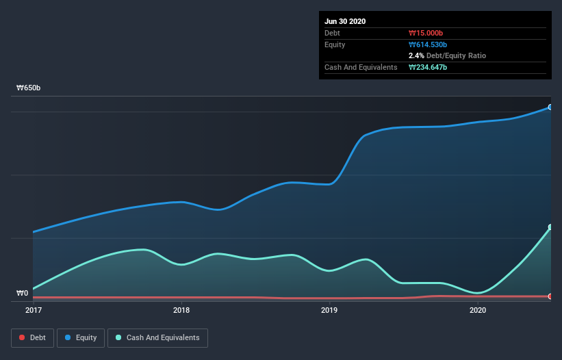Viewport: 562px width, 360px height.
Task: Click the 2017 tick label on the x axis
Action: pos(33,310)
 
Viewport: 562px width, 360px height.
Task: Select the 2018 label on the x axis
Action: pos(181,310)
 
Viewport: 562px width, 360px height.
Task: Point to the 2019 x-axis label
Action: pos(329,310)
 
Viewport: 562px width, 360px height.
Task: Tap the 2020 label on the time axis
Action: pos(477,310)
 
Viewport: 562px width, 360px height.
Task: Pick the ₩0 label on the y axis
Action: pos(23,294)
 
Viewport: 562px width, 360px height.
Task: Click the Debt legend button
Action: pos(31,337)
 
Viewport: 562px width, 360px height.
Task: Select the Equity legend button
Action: pos(81,337)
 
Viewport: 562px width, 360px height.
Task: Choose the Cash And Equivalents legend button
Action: pos(157,337)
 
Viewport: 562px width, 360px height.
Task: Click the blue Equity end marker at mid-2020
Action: pos(550,107)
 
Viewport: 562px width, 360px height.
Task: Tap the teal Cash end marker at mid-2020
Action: pos(550,227)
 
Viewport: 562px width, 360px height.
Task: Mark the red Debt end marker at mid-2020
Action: pos(550,296)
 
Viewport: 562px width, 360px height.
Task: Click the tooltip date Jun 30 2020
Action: pos(345,21)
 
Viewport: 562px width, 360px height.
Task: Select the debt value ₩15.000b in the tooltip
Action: pos(428,33)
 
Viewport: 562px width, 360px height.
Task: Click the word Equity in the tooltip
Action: pos(335,44)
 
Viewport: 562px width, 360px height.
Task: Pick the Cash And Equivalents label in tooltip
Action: pos(361,67)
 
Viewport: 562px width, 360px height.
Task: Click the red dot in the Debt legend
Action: pos(22,337)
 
